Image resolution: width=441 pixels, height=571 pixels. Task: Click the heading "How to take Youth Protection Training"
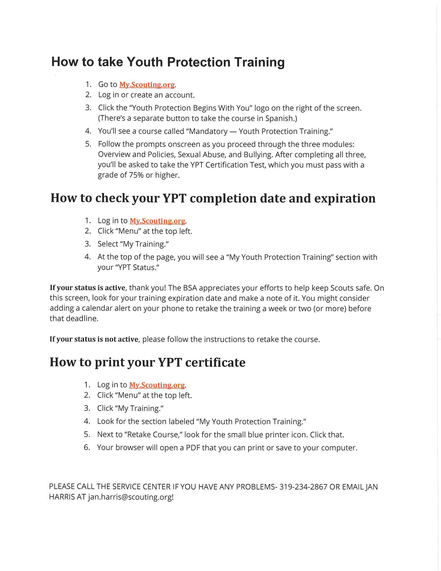click(168, 62)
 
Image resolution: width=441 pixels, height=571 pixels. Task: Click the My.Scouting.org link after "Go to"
click(147, 85)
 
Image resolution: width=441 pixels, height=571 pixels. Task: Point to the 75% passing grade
click(136, 175)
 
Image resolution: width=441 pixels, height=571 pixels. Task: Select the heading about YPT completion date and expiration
click(213, 199)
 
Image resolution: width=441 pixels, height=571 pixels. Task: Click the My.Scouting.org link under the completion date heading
click(157, 221)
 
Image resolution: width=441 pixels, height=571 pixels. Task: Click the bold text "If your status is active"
click(88, 288)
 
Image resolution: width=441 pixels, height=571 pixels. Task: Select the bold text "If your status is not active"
click(94, 339)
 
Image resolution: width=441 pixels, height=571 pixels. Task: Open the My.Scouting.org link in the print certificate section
click(157, 385)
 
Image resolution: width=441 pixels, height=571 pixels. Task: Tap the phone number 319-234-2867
click(303, 487)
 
